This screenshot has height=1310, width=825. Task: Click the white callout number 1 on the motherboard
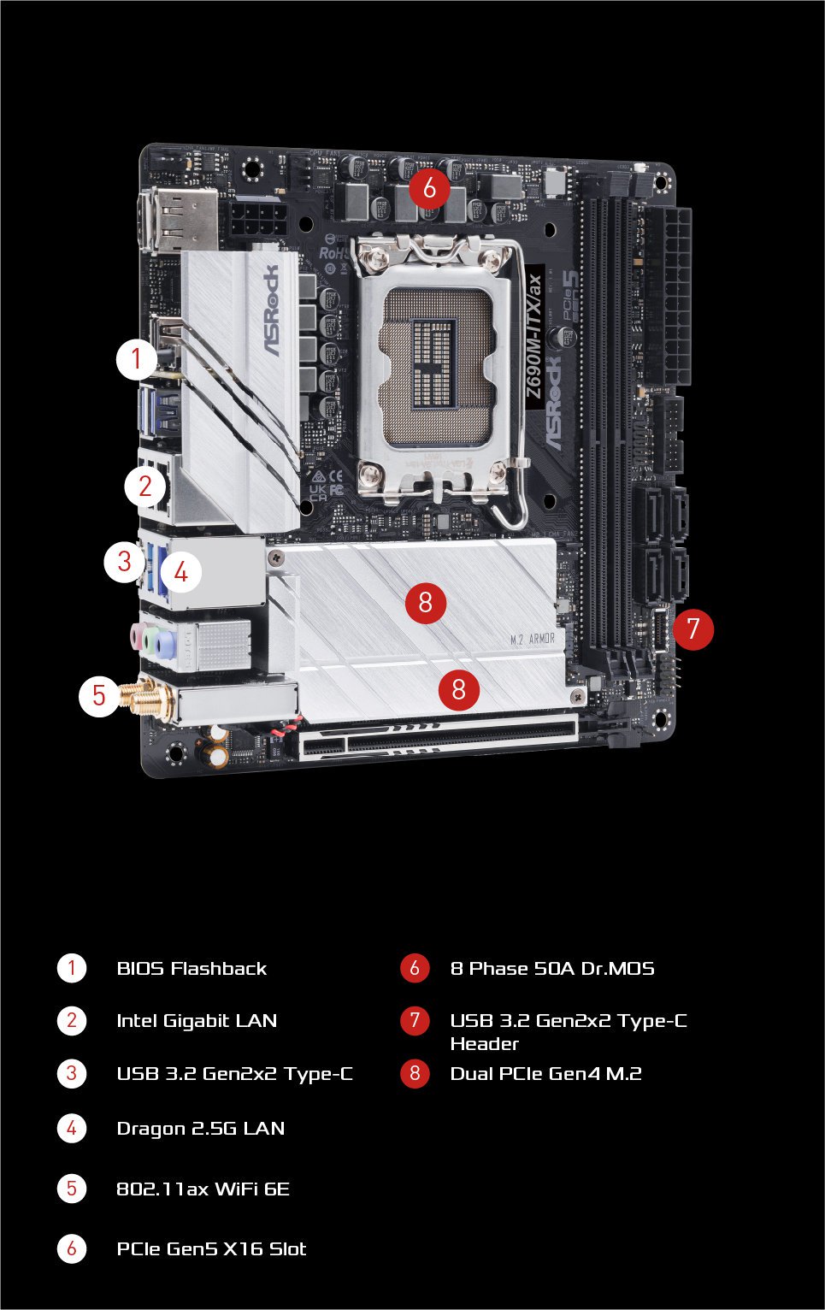coord(137,359)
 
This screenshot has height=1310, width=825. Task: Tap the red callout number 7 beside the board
coord(692,628)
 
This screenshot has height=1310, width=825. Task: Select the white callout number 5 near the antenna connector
coord(99,695)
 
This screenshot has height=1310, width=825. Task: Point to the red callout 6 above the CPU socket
coord(429,187)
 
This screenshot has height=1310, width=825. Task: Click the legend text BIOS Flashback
coord(192,968)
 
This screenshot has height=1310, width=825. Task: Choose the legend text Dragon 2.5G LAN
coord(200,1128)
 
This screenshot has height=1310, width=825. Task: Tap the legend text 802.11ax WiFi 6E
coord(203,1189)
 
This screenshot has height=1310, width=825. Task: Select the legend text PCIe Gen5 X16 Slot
coord(211,1248)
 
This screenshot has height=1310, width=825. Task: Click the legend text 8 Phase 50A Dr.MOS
coord(552,968)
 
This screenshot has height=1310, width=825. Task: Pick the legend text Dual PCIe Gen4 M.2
coord(545,1073)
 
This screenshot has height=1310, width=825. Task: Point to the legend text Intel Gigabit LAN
coord(197,1020)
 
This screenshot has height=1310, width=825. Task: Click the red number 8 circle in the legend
coord(415,1073)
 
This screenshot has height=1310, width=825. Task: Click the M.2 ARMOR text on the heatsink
coord(532,639)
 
